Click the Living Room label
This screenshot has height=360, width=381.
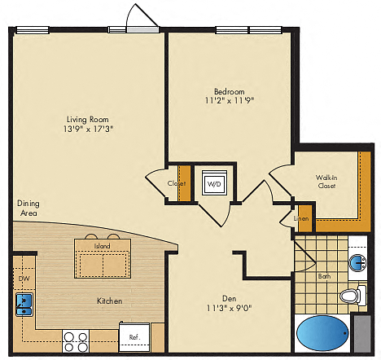pos(88,119)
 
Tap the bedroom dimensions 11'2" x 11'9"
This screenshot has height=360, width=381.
pos(230,100)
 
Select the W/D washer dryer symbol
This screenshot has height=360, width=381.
pos(214,182)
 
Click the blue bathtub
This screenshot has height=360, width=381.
pos(322,333)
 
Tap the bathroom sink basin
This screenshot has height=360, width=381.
pos(358,262)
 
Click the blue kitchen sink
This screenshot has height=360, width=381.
pos(24,305)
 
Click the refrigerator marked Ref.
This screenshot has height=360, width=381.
pos(134,336)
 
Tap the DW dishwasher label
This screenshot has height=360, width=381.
pos(24,279)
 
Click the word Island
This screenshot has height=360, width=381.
pos(102,246)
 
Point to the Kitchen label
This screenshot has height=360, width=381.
pos(110,301)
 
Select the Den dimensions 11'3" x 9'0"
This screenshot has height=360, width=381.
pos(230,308)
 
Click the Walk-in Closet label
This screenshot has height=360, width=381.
pos(326,182)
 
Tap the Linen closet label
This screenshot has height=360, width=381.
pos(301,218)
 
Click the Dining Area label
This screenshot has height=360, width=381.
pos(28,208)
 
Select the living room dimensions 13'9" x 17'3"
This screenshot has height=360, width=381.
pos(88,129)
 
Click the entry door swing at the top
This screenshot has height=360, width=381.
pos(142,15)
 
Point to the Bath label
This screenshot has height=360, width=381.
pos(324,276)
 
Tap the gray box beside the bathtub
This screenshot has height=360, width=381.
pos(362,333)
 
